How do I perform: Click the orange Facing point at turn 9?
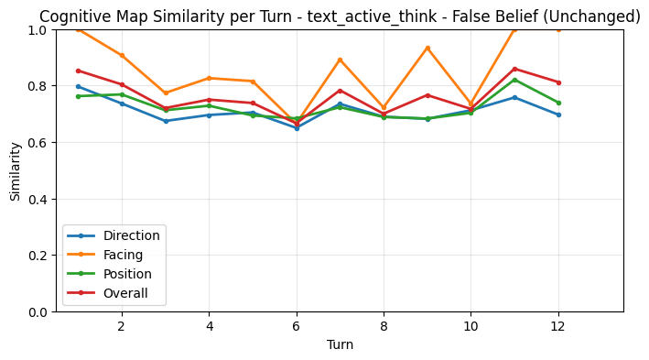pyautogui.click(x=427, y=48)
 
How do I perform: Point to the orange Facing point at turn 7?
pyautogui.click(x=340, y=60)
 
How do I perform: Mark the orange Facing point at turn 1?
pyautogui.click(x=78, y=29)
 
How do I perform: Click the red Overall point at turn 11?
pyautogui.click(x=514, y=69)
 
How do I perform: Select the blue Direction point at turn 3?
pyautogui.click(x=166, y=121)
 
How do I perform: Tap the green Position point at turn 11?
pyautogui.click(x=514, y=80)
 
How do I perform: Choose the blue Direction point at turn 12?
pyautogui.click(x=558, y=115)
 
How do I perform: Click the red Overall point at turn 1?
pyautogui.click(x=78, y=71)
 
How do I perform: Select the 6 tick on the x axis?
pyautogui.click(x=297, y=325)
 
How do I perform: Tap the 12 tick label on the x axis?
pyautogui.click(x=558, y=325)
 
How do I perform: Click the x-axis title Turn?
pyautogui.click(x=340, y=344)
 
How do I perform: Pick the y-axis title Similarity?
pyautogui.click(x=16, y=170)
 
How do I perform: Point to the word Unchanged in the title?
pyautogui.click(x=593, y=16)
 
